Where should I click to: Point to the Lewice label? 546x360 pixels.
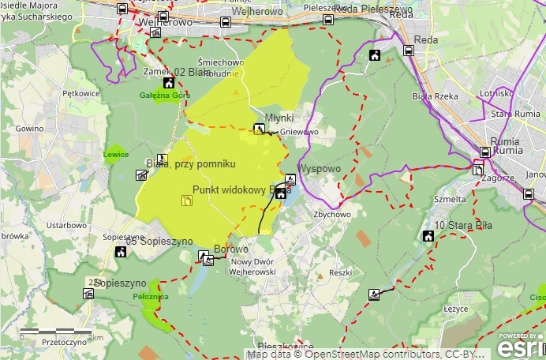pos(116,155)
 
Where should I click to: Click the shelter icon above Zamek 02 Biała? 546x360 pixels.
pos(156,33)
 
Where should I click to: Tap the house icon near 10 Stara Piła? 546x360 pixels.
pos(428,236)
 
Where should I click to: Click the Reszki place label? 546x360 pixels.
pos(340,272)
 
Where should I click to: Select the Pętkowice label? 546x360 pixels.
pos(81,93)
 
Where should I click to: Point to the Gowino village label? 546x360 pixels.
pos(29,128)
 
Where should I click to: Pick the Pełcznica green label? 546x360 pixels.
pos(151,297)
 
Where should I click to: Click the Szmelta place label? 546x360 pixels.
pos(449,200)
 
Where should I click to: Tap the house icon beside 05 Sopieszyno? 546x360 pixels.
pos(121,253)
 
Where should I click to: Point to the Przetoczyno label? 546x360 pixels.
pos(65,343)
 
